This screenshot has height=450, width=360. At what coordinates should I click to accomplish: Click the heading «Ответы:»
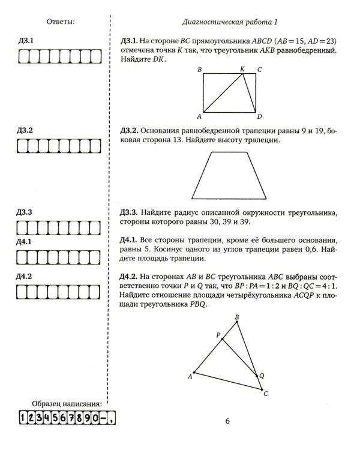[60, 22]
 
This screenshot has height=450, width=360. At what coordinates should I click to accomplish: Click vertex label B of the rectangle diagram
[199, 70]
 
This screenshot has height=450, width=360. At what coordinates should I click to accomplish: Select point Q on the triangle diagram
[262, 375]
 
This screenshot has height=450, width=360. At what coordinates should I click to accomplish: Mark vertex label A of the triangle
[190, 376]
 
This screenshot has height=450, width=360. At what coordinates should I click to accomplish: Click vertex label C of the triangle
[266, 394]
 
